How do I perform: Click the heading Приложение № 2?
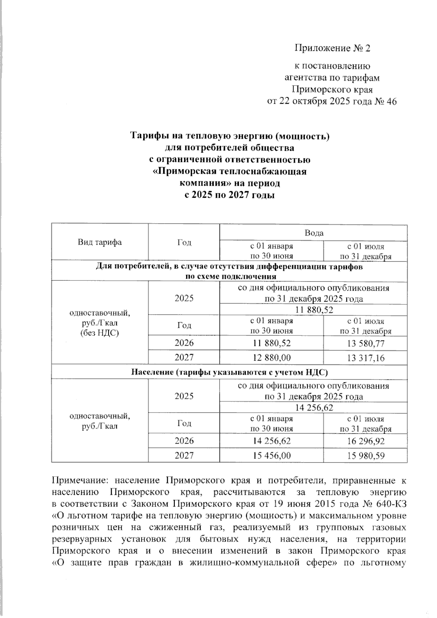(x=332, y=48)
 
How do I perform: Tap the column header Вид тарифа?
(x=99, y=242)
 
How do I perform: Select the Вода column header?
(x=314, y=233)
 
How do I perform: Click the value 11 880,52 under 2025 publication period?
(x=314, y=310)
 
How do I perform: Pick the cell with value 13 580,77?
(x=365, y=343)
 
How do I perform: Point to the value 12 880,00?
(x=271, y=358)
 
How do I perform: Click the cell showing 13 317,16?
(x=365, y=358)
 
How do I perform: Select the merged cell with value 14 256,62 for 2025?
(x=314, y=408)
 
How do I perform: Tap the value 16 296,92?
(x=365, y=441)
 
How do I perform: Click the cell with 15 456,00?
(x=271, y=456)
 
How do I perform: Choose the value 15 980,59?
(x=365, y=456)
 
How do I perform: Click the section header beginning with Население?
(x=229, y=372)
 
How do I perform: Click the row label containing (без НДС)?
(x=99, y=333)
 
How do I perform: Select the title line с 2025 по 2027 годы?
(x=229, y=195)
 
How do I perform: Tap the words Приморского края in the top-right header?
(x=332, y=90)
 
